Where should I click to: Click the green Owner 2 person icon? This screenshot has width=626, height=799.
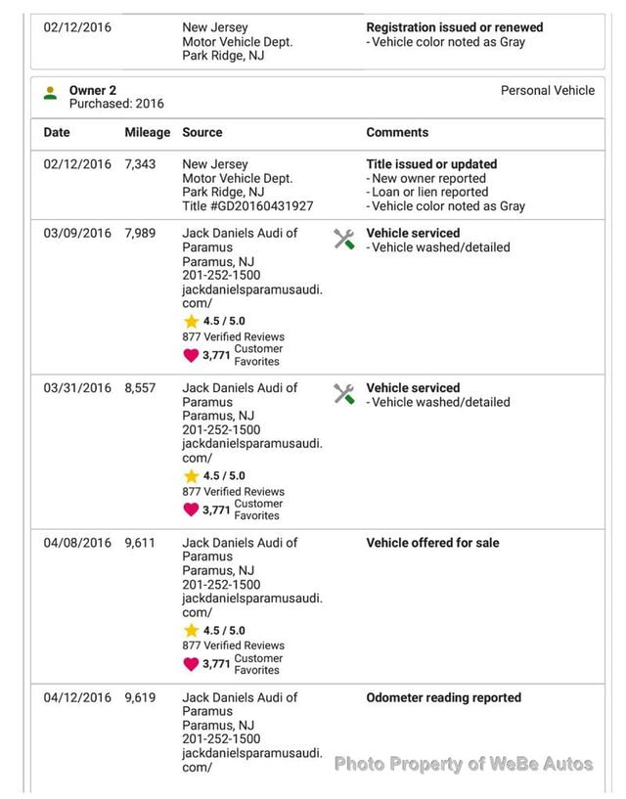(x=50, y=94)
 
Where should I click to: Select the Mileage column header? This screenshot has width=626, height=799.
(x=147, y=132)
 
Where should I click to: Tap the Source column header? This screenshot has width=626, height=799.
(x=202, y=132)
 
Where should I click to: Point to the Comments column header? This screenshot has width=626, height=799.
(x=397, y=132)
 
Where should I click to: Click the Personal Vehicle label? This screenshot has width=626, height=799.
(x=547, y=90)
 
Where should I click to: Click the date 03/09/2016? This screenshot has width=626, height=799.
(x=77, y=233)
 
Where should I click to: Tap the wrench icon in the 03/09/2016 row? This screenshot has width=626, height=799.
(x=344, y=240)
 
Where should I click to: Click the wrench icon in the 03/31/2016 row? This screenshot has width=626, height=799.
(x=344, y=394)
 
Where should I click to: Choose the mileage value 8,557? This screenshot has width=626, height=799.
(x=140, y=387)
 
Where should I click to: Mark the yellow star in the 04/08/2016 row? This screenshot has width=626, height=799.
(x=191, y=631)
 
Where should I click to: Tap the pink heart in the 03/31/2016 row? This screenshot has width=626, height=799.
(x=191, y=510)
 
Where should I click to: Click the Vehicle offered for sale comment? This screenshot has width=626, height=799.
(x=432, y=543)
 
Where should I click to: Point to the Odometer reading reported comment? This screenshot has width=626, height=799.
(x=443, y=697)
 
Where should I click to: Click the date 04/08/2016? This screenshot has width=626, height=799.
(x=77, y=543)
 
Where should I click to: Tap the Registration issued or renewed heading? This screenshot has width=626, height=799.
(x=454, y=27)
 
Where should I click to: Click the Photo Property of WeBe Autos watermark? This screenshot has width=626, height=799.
(x=464, y=764)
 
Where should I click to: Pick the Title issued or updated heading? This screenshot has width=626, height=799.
(x=431, y=164)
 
